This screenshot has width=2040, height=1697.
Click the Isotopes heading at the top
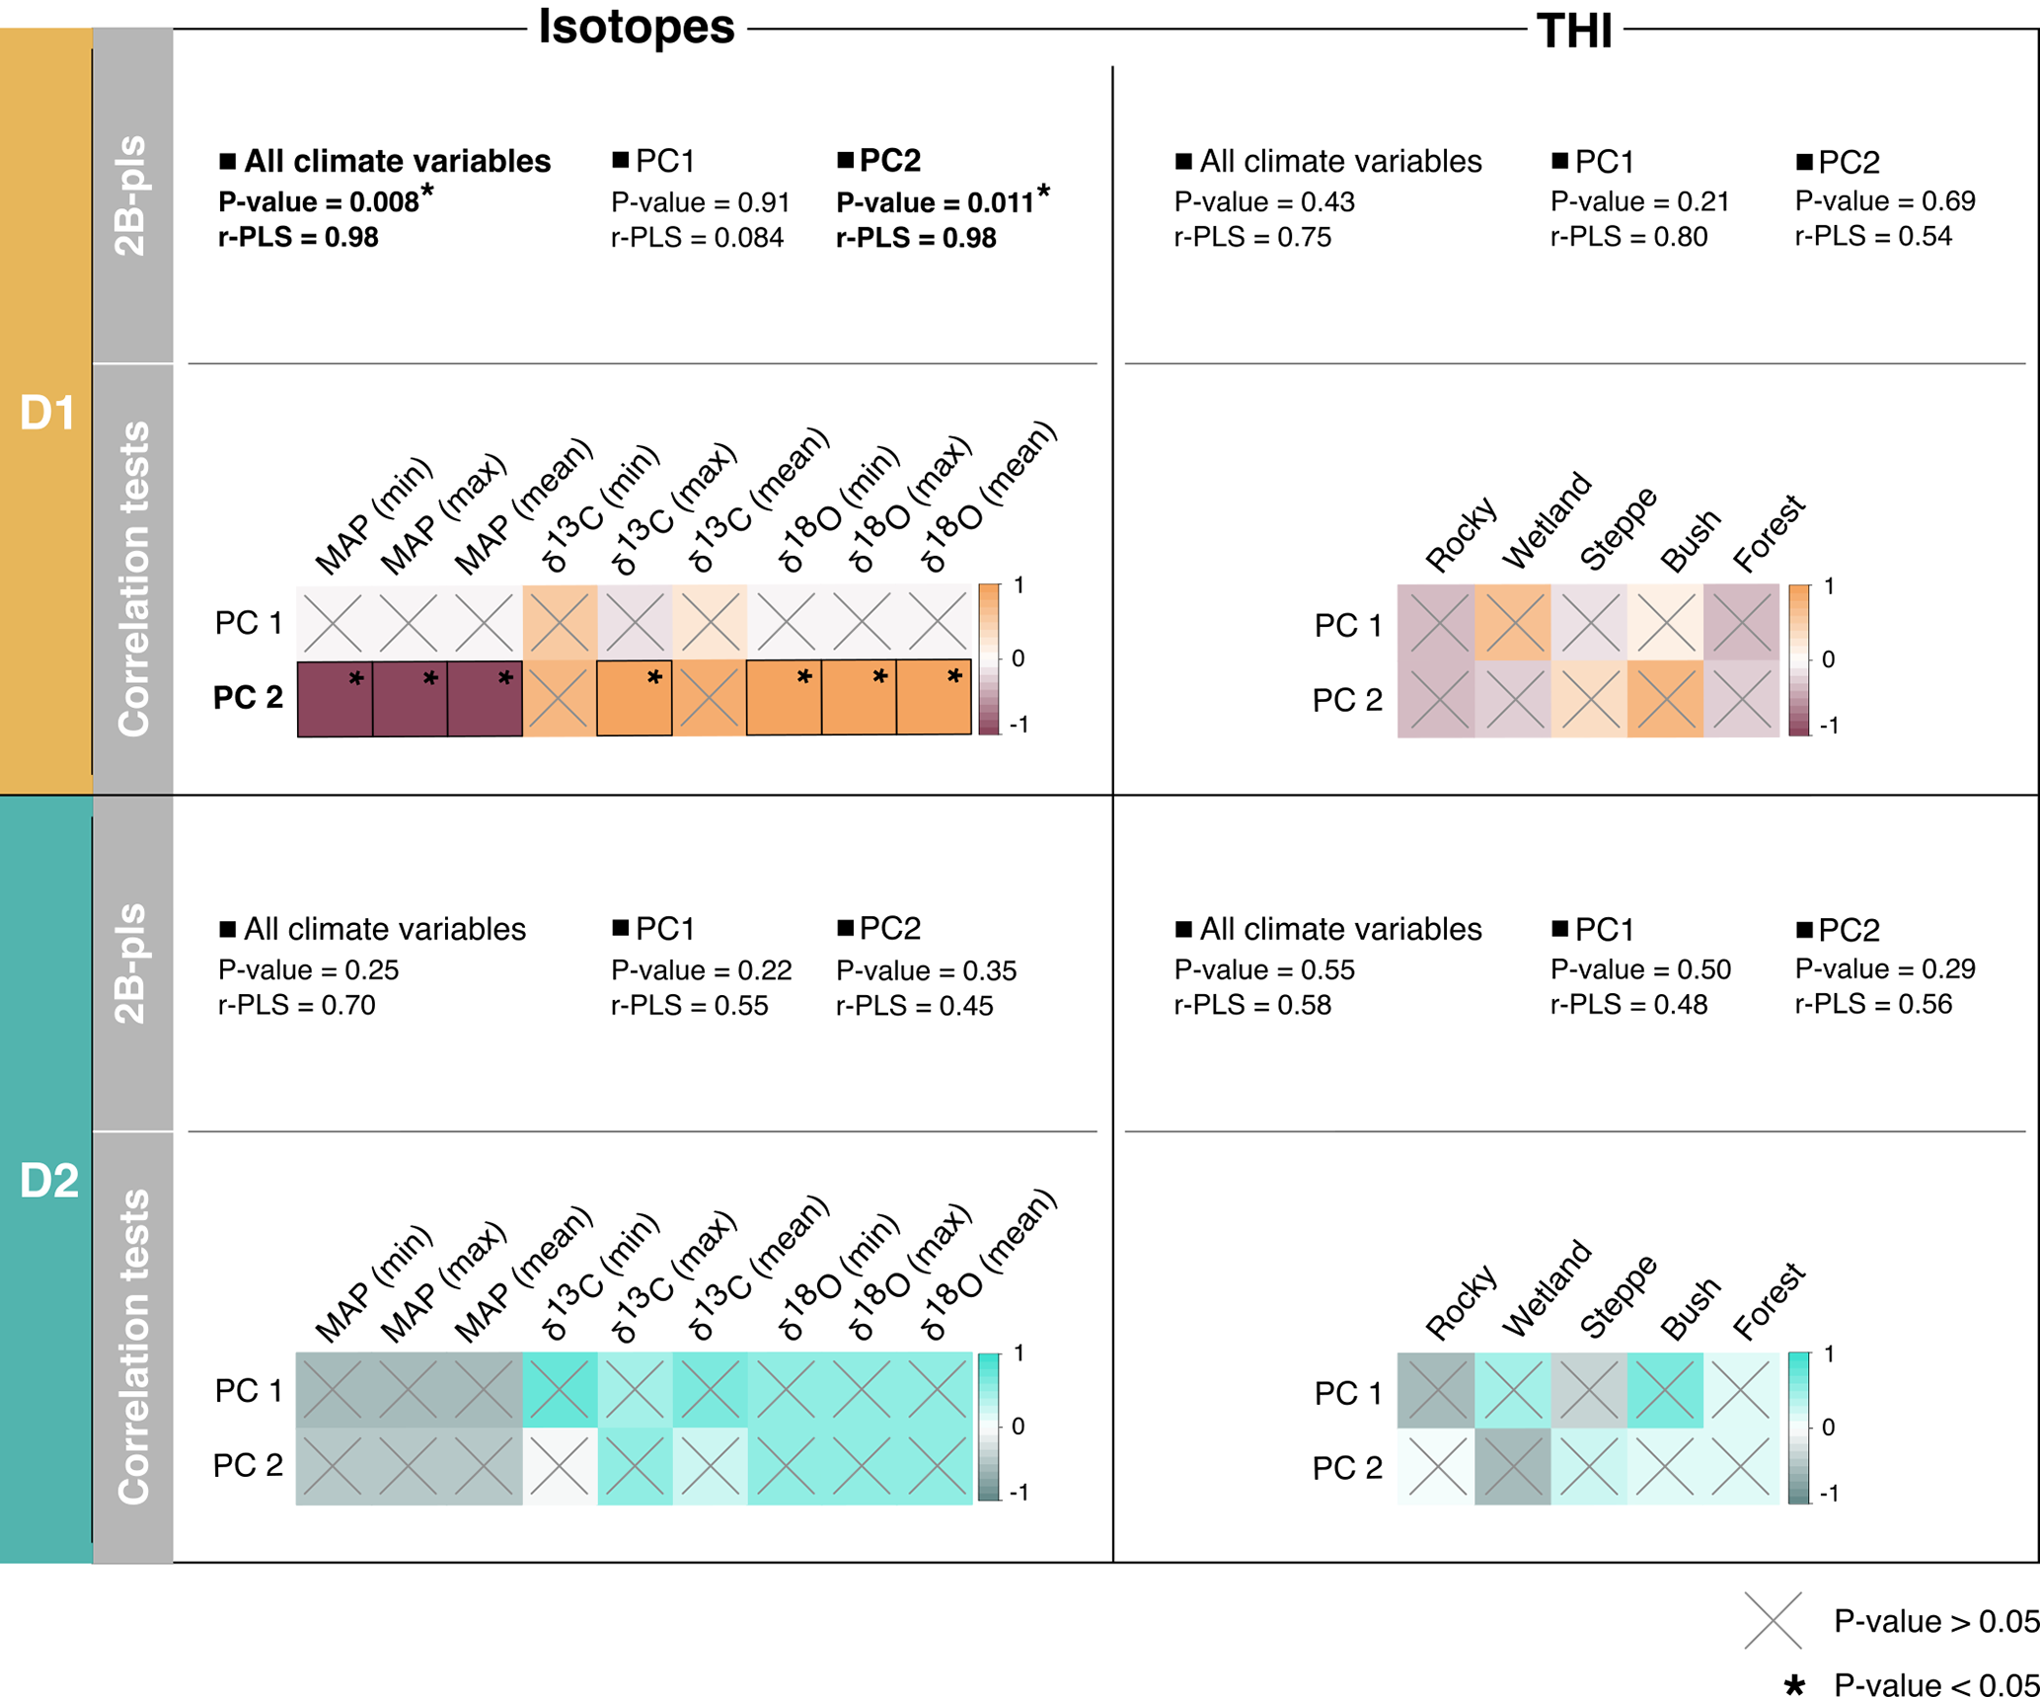(x=636, y=26)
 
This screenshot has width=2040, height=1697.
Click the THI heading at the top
(x=1574, y=30)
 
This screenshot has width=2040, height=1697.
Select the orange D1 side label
(x=46, y=412)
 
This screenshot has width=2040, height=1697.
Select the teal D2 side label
(x=46, y=1180)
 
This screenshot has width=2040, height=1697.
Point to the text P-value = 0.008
(x=319, y=202)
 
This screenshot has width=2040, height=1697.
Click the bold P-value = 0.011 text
(x=935, y=203)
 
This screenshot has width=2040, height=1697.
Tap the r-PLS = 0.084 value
(x=697, y=238)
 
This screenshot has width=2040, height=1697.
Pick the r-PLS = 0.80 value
(x=1628, y=237)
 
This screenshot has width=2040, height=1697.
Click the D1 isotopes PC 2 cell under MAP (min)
(x=335, y=699)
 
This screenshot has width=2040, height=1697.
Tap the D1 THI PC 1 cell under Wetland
(x=1513, y=623)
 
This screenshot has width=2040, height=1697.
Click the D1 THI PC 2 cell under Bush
(x=1665, y=699)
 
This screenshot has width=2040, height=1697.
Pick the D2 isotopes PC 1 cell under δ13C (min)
(x=560, y=1389)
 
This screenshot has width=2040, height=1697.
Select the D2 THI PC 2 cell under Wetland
(x=1513, y=1467)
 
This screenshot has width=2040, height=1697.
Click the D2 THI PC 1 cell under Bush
(x=1665, y=1390)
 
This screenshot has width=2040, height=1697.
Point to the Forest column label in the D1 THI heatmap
(x=1769, y=534)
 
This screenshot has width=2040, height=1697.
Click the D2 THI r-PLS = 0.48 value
(x=1628, y=1005)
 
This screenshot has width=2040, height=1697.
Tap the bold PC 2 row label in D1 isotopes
(x=248, y=698)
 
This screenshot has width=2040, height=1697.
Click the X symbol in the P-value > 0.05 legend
(x=1773, y=1620)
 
